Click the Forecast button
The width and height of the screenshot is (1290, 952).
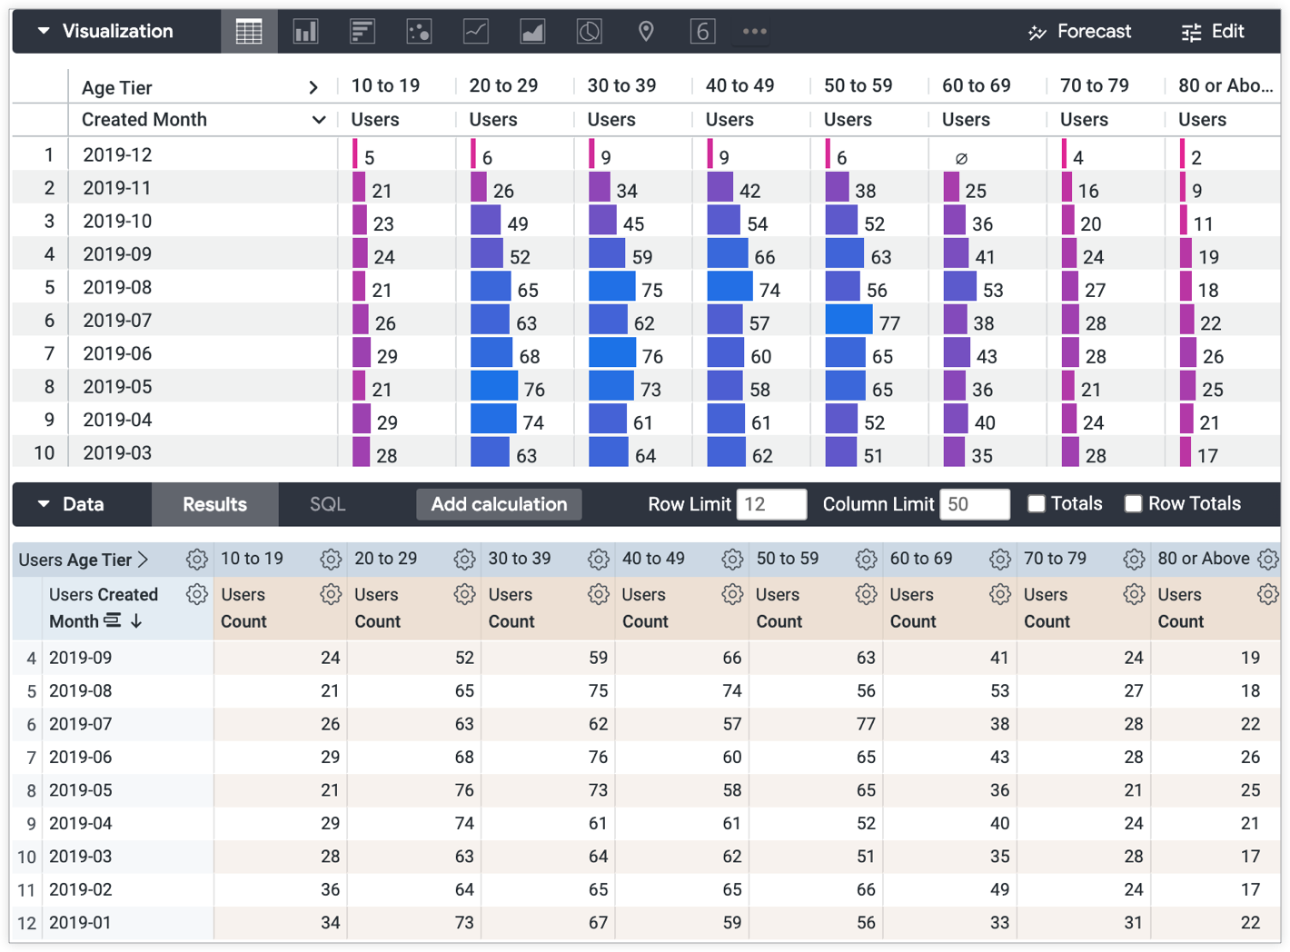(1079, 32)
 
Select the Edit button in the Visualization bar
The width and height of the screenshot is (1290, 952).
(1213, 32)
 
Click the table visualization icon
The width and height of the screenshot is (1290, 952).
(249, 32)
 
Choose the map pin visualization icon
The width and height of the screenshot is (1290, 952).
(646, 32)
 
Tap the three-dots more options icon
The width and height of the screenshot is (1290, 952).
(754, 32)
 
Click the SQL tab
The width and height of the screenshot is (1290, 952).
(327, 504)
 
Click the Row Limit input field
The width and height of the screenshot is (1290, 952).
(770, 504)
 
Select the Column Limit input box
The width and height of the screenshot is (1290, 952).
(974, 504)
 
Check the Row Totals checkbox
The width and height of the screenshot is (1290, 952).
(1133, 504)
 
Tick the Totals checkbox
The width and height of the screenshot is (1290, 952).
(1036, 504)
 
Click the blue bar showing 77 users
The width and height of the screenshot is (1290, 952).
(848, 320)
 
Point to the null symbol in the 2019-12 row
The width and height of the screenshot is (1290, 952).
(961, 158)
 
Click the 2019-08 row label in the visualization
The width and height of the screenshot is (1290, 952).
(117, 287)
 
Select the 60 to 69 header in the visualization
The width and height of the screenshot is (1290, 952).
(976, 85)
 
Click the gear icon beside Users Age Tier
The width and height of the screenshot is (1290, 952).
(196, 560)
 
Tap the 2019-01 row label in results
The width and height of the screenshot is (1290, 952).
(80, 922)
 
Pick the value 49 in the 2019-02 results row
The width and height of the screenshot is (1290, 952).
(999, 889)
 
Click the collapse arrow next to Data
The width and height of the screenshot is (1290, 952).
(44, 504)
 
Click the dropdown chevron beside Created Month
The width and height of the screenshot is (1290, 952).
(318, 120)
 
